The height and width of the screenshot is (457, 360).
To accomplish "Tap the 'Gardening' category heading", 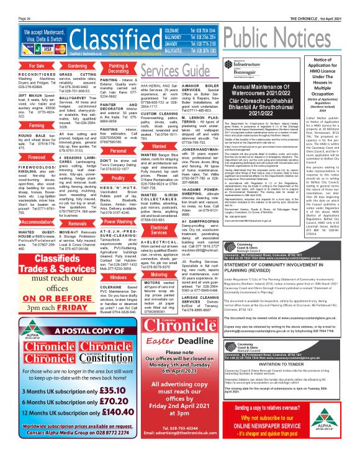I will (x=77, y=65).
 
